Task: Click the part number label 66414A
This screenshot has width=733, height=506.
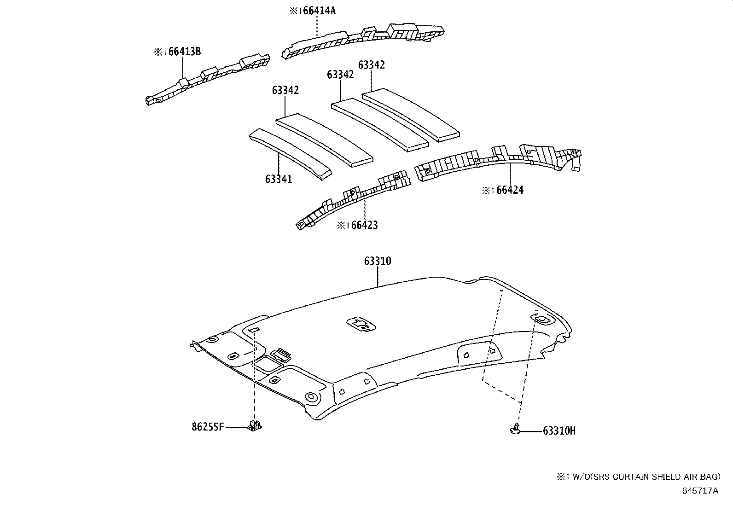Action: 319,11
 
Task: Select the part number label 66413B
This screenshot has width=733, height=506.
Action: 184,52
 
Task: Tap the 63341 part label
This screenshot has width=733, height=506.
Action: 278,179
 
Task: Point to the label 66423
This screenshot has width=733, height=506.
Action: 364,225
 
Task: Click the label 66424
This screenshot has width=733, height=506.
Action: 510,190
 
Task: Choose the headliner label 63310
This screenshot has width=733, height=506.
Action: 377,261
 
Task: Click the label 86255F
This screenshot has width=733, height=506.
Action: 208,427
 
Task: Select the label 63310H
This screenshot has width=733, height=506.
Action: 559,431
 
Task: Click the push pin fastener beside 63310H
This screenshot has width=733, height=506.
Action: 515,430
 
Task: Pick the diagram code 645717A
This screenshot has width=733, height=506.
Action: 700,490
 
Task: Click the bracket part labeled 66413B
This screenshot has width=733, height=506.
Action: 207,78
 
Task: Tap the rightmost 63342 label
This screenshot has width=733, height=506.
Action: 371,65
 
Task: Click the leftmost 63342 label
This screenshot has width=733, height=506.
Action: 285,90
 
